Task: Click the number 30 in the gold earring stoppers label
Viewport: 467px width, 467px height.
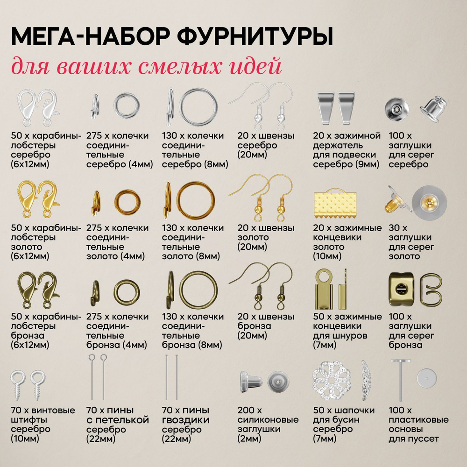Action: point(394,228)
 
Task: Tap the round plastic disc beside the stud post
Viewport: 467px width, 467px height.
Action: point(427,379)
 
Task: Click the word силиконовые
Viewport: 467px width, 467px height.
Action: point(268,420)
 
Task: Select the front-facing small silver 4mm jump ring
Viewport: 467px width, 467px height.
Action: point(127,105)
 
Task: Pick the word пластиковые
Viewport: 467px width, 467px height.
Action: point(418,420)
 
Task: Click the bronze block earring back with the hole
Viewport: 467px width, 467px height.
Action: point(402,289)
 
